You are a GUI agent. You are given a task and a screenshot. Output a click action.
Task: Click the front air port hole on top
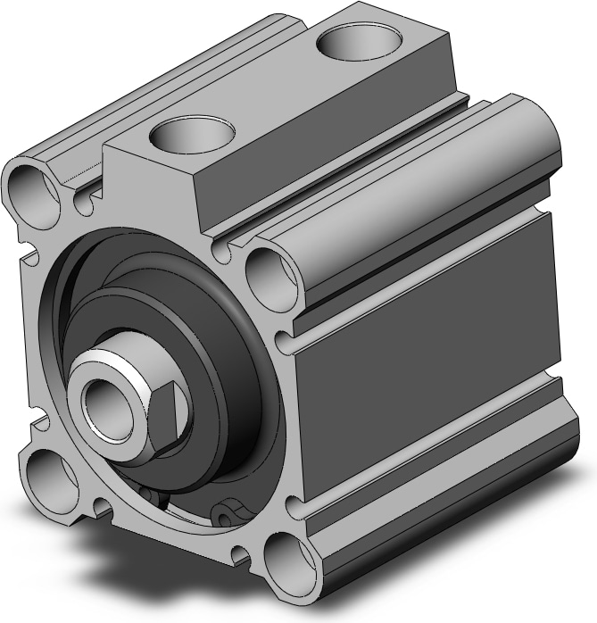tap(191, 136)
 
